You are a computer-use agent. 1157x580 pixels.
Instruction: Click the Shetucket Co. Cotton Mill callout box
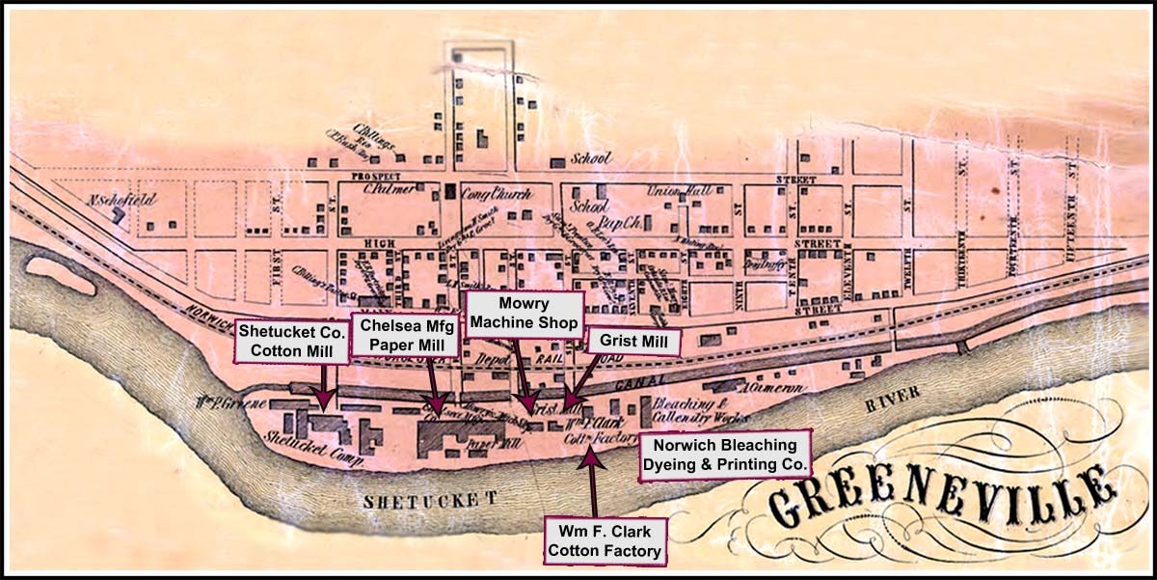coord(285,341)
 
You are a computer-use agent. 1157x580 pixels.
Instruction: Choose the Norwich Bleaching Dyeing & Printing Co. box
coord(725,456)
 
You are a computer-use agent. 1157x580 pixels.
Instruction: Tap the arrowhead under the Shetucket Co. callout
coord(325,398)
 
